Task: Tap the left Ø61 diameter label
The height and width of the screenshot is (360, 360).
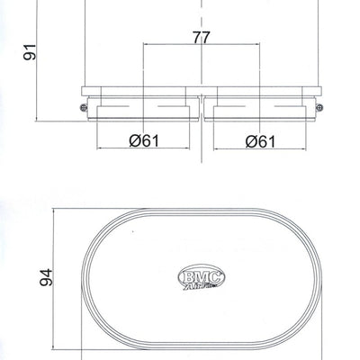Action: [145, 140]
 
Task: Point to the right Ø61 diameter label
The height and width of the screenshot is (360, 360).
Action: [259, 140]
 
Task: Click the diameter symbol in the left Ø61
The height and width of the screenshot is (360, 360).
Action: [134, 140]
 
